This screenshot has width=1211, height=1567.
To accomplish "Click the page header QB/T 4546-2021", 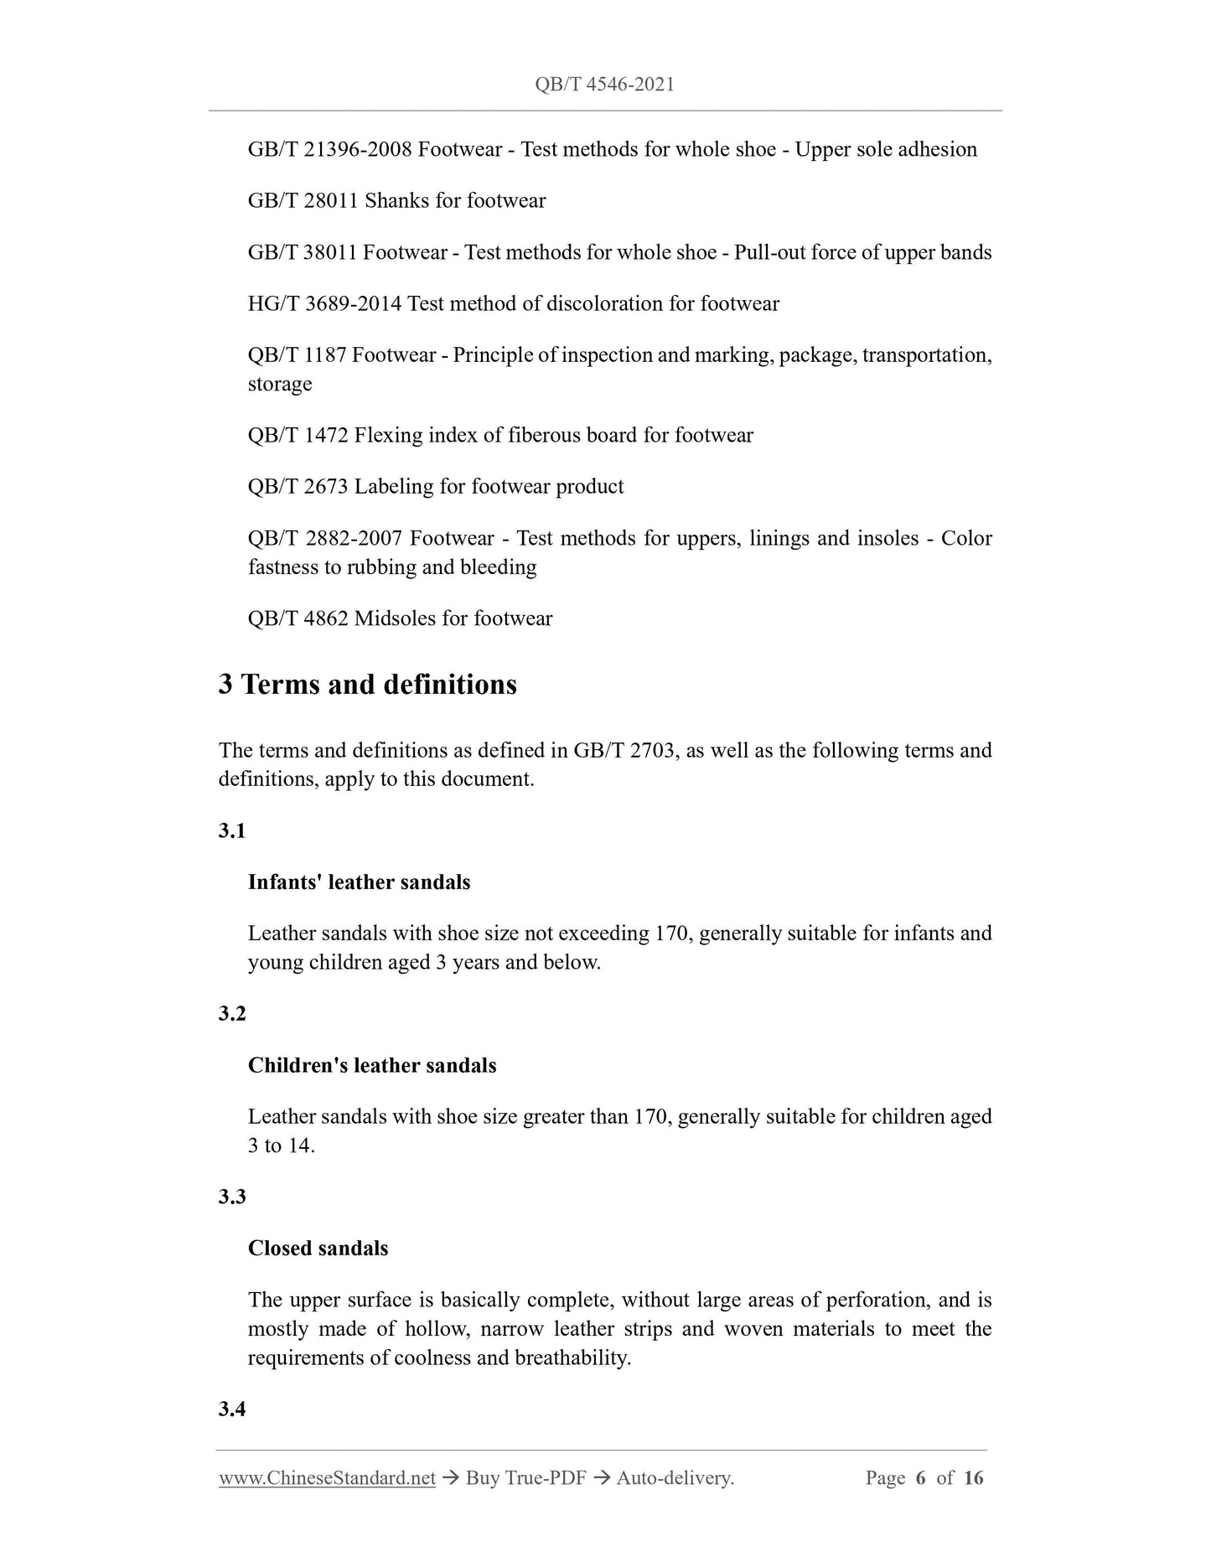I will click(x=604, y=84).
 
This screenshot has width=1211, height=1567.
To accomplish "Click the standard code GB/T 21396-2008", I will click(x=329, y=149).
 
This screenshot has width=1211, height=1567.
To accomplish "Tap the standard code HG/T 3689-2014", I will click(x=324, y=303).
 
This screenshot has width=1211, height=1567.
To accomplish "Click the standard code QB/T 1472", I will click(x=298, y=435).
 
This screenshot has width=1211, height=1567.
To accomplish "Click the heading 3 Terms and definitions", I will click(x=368, y=685).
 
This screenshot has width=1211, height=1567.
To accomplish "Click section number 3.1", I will click(x=232, y=830).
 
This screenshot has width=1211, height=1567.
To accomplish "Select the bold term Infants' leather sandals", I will click(x=359, y=882).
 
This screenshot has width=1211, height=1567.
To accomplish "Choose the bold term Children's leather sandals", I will click(x=372, y=1066).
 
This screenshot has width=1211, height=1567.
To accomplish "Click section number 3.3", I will click(x=232, y=1197).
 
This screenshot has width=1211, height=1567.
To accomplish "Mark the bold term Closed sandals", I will click(x=318, y=1249).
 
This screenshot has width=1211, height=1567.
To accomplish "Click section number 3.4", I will click(x=232, y=1409).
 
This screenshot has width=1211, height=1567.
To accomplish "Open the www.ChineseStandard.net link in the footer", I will click(x=327, y=1478).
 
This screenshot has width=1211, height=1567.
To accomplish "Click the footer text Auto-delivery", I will click(x=675, y=1478).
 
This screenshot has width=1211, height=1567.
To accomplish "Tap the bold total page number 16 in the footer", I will click(x=973, y=1478).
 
